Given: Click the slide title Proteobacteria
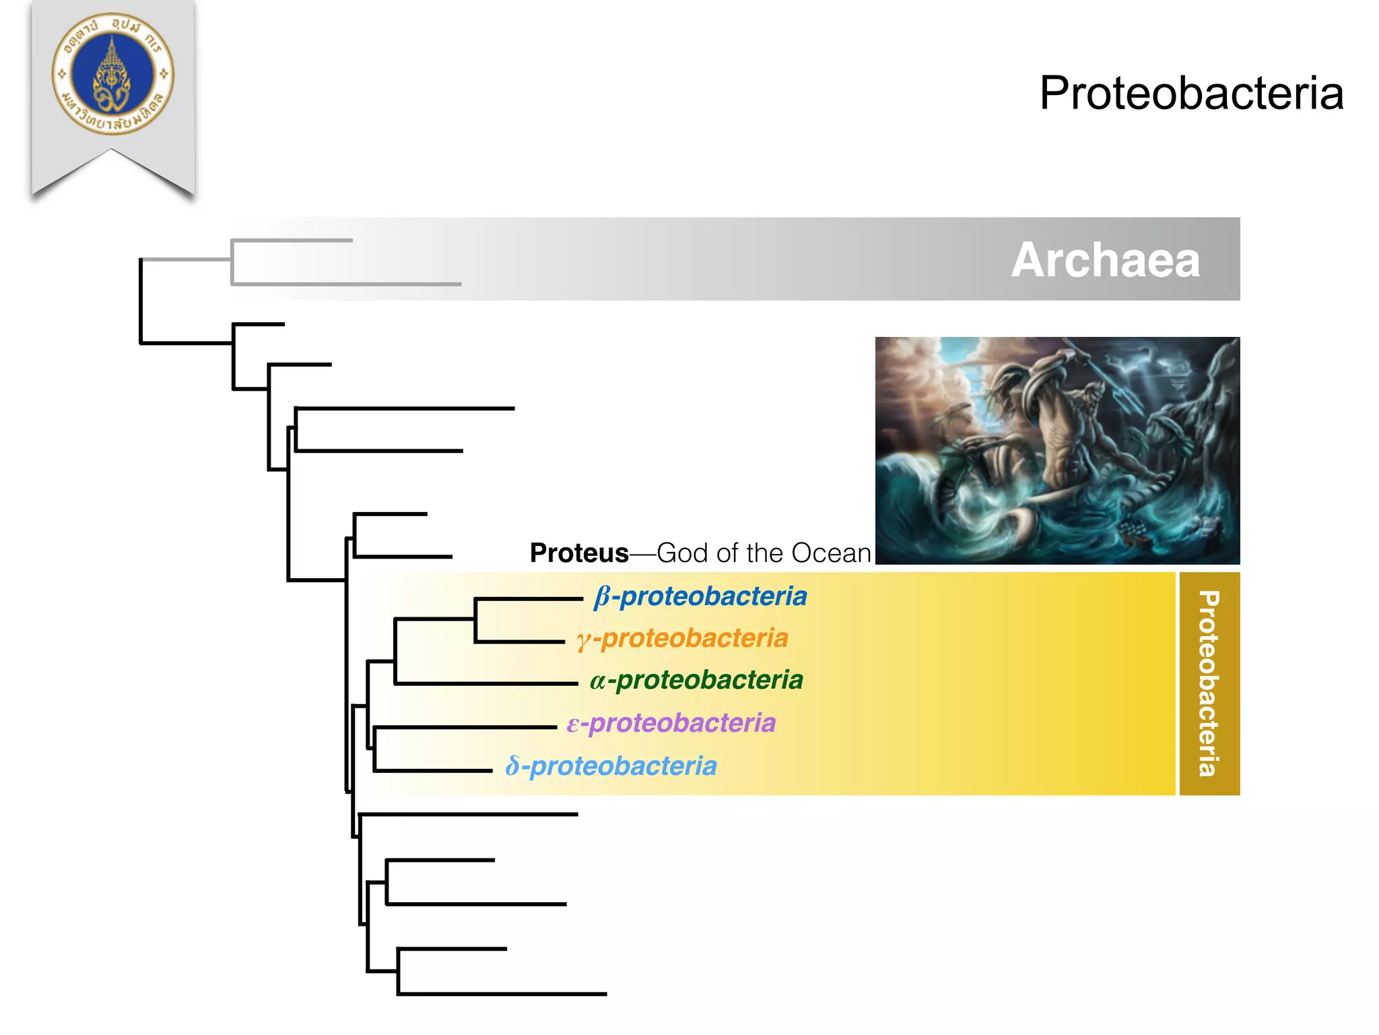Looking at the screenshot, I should tap(1190, 93).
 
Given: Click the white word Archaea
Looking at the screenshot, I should tap(1106, 260).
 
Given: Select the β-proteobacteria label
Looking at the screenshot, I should tap(700, 597).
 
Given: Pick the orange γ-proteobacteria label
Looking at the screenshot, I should tap(682, 639).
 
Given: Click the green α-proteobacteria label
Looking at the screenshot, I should tap(696, 681).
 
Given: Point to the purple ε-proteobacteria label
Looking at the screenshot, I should tap(671, 724).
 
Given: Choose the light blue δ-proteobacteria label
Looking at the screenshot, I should tap(611, 767).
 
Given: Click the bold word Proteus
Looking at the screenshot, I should tap(579, 553).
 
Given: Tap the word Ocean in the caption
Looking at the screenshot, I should tap(831, 553).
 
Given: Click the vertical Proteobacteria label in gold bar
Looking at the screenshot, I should tap(1209, 683).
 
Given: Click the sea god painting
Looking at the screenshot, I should tap(1057, 450).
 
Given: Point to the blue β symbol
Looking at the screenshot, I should tap(602, 597).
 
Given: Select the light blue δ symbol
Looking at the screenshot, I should tap(513, 767).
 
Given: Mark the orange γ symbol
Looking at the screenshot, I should tap(583, 640).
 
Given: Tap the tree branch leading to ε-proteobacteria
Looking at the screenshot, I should tap(465, 727).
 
